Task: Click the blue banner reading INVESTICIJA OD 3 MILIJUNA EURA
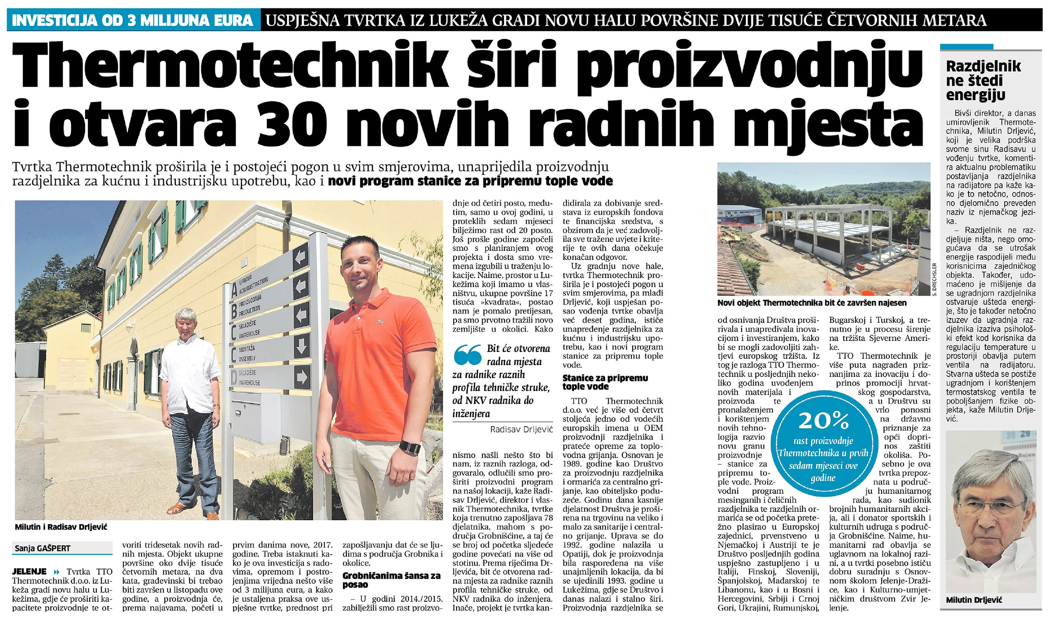click(x=133, y=20)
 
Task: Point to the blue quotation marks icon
click(x=467, y=355)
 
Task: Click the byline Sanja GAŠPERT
click(x=42, y=548)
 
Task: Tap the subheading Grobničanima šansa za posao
click(x=391, y=580)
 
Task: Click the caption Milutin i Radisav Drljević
click(x=61, y=527)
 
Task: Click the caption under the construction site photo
click(x=812, y=303)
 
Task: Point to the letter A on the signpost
click(x=234, y=290)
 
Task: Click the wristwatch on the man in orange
click(x=409, y=447)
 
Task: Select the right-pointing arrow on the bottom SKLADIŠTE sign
click(x=301, y=377)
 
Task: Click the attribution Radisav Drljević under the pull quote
click(x=521, y=429)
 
